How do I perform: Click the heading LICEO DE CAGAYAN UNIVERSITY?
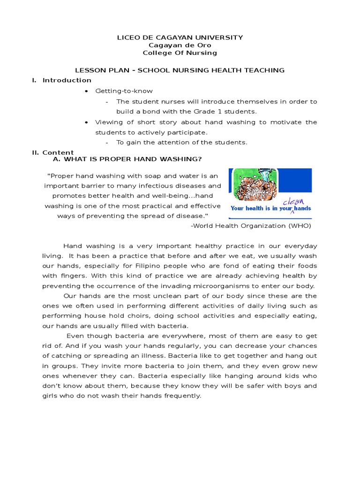[180, 37]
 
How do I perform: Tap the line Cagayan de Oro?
[180, 45]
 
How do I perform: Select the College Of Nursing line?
[180, 53]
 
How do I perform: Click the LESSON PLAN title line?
[180, 70]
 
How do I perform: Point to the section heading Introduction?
[67, 80]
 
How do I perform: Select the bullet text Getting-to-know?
[124, 91]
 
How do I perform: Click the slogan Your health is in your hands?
[270, 209]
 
